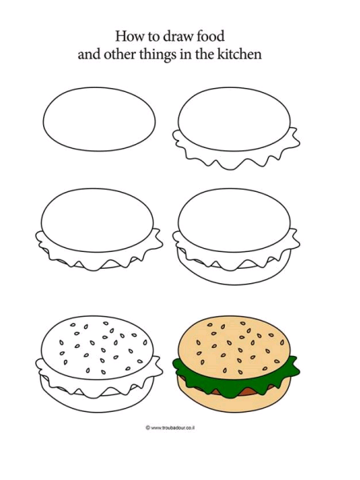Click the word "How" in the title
coord(130,36)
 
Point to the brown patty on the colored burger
coord(248,390)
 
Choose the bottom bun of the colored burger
coord(234,402)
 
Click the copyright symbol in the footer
coord(148,428)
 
